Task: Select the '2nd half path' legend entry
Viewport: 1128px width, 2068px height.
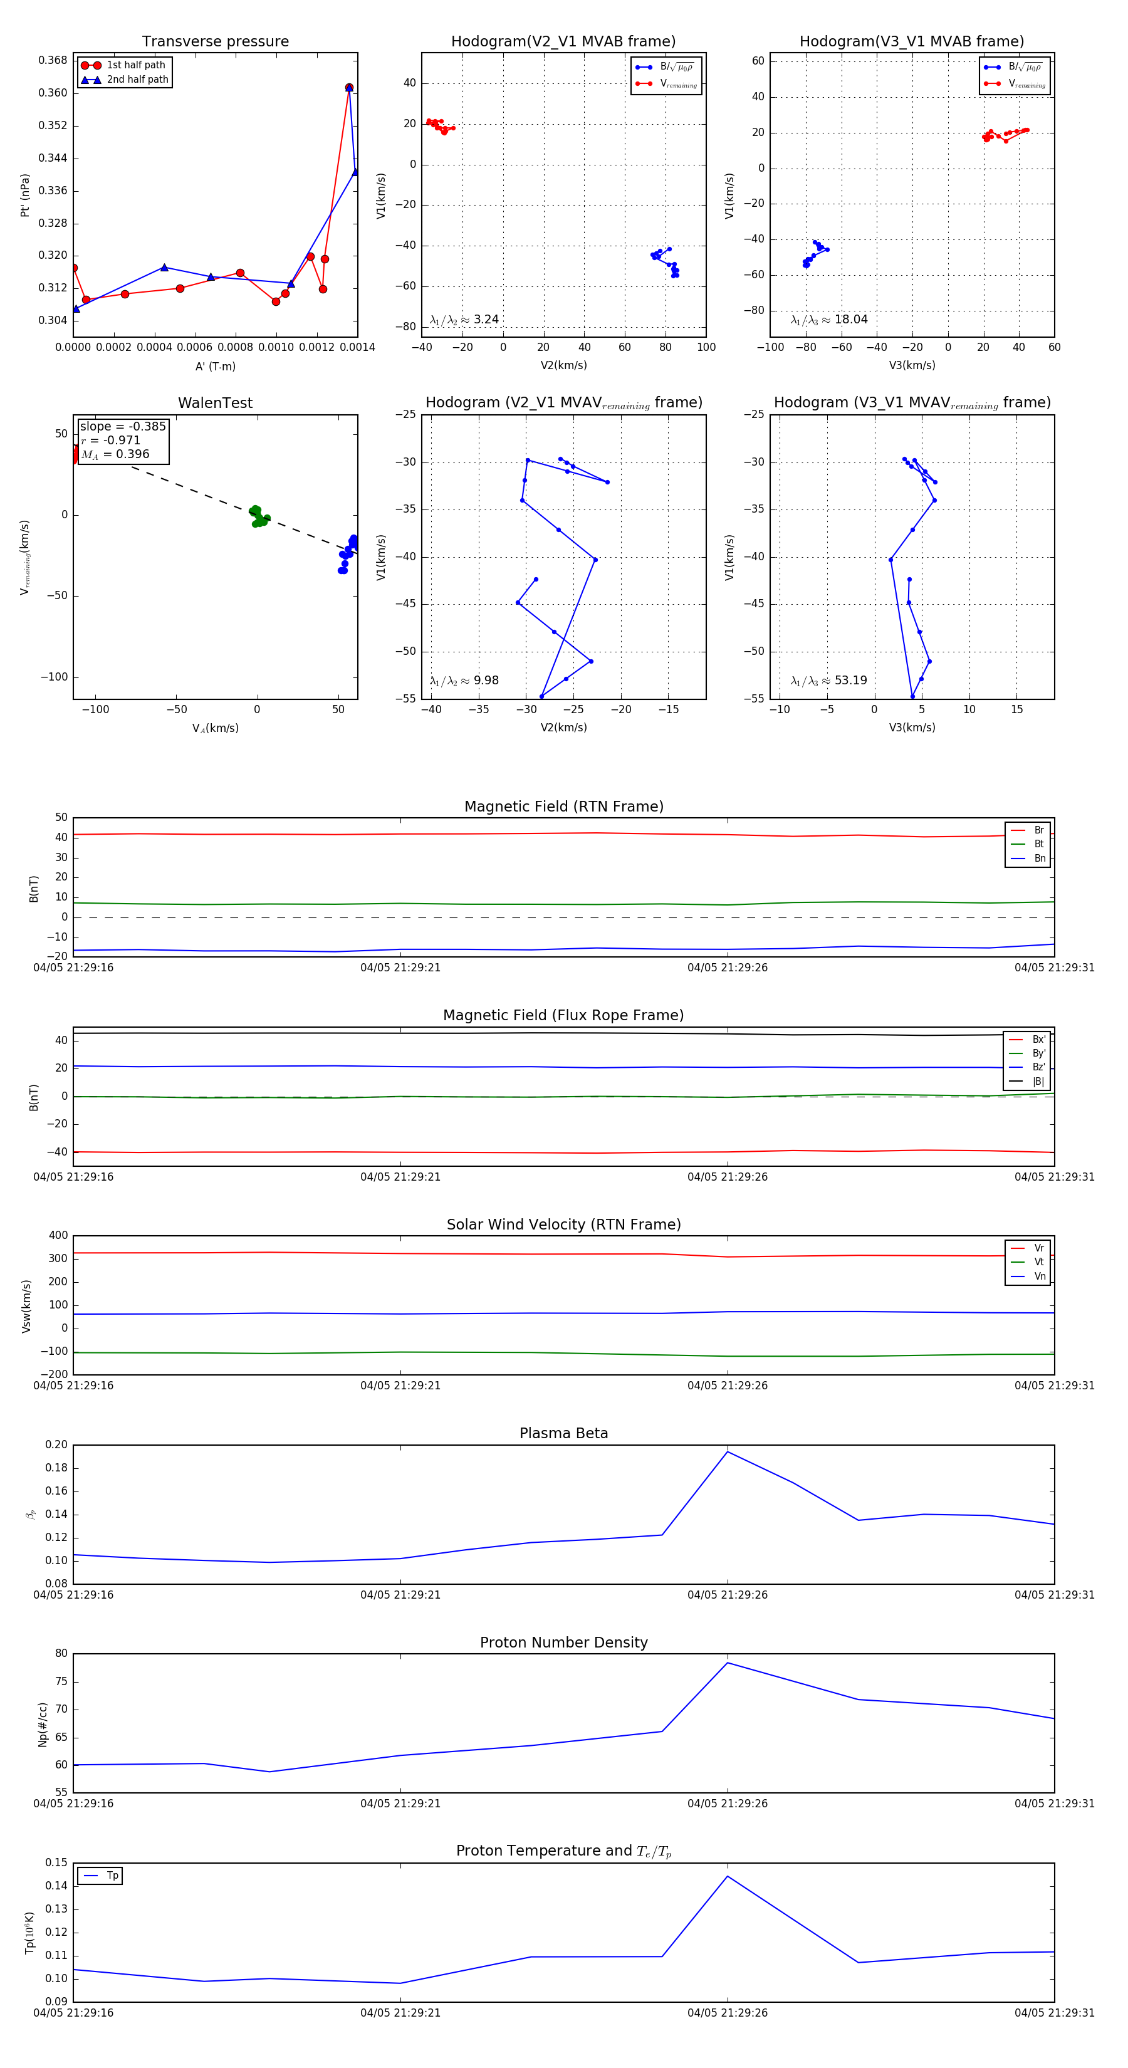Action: pyautogui.click(x=137, y=80)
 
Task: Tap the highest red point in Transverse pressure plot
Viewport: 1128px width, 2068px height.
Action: pyautogui.click(x=348, y=88)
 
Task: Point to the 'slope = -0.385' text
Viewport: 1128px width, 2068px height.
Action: pyautogui.click(x=122, y=426)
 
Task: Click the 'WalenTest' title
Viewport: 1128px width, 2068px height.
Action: pyautogui.click(x=215, y=403)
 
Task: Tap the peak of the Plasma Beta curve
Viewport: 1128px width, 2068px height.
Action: pyautogui.click(x=728, y=1451)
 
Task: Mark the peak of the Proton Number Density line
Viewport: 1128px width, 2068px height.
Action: pyautogui.click(x=728, y=1663)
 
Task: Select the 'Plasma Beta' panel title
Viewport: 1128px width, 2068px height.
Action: pyautogui.click(x=563, y=1433)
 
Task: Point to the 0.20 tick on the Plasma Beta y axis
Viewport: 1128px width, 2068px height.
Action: pyautogui.click(x=56, y=1445)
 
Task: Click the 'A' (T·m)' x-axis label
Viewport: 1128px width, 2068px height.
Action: pyautogui.click(x=215, y=366)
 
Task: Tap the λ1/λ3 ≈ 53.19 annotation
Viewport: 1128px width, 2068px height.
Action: pyautogui.click(x=828, y=680)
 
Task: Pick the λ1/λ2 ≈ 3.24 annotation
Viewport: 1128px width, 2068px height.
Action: pyautogui.click(x=464, y=319)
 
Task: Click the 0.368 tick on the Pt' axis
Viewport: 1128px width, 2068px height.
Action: pyautogui.click(x=53, y=60)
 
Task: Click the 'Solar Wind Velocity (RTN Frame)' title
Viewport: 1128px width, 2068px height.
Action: pyautogui.click(x=563, y=1225)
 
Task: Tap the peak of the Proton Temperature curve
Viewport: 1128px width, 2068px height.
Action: pyautogui.click(x=728, y=1876)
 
